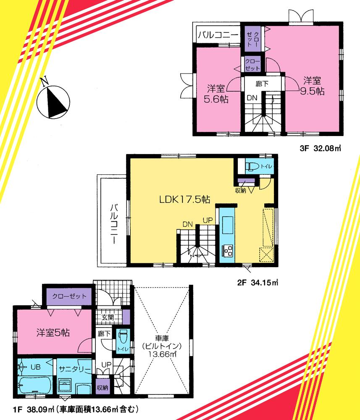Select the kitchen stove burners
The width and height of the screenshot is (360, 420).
[229, 252]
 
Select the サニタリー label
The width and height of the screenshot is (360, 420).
[75, 369]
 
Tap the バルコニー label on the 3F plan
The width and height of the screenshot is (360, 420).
[218, 35]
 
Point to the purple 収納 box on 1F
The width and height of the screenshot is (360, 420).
[102, 387]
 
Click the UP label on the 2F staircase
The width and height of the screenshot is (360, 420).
[208, 220]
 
